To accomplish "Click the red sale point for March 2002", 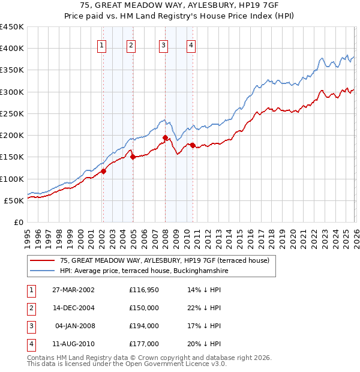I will pyautogui.click(x=103, y=171).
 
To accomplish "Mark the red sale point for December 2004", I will pyautogui.click(x=133, y=157).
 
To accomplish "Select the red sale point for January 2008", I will pyautogui.click(x=165, y=137).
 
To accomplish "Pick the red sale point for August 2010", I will pyautogui.click(x=193, y=145).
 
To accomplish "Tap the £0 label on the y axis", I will pyautogui.click(x=18, y=222).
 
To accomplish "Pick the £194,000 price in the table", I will pyautogui.click(x=143, y=326).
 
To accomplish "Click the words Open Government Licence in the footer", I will pyautogui.click(x=180, y=364).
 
